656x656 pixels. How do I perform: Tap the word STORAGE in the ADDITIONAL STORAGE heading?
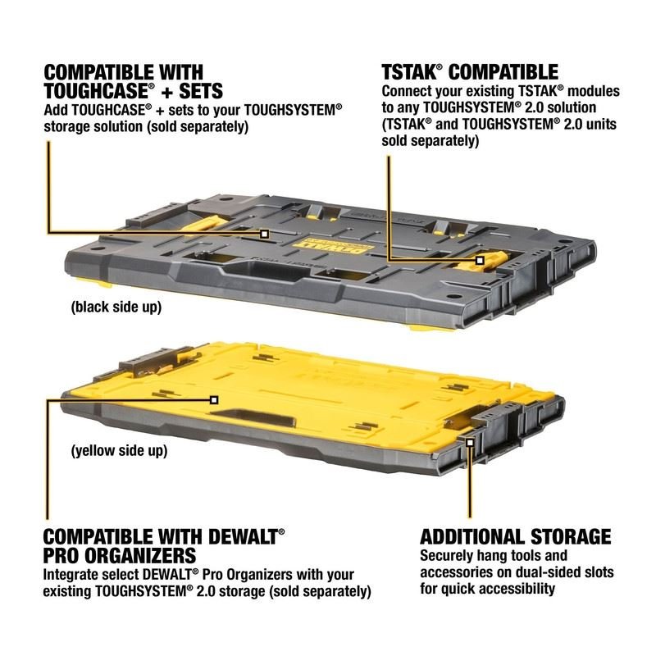tap(556, 536)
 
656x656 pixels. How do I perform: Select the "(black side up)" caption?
tap(116, 307)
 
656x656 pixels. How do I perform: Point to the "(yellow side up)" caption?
tap(119, 450)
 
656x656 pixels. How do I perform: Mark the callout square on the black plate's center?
tap(264, 234)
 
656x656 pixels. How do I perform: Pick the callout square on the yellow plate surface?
tap(214, 399)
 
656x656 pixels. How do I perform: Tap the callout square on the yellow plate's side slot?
tap(470, 442)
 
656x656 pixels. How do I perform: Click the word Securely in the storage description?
tap(447, 556)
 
